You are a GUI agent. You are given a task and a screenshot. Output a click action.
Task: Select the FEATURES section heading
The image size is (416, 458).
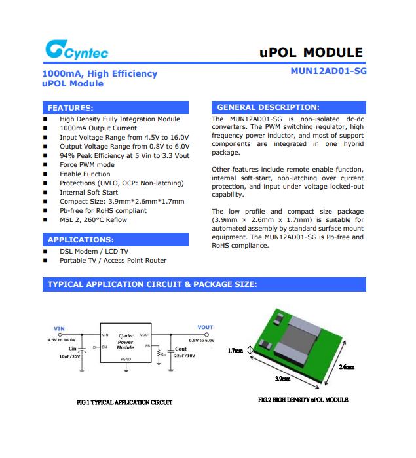point(71,107)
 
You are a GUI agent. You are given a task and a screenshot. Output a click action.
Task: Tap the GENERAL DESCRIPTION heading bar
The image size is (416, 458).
point(269,107)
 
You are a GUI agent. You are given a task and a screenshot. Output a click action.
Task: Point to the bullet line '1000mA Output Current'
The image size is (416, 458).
point(98,128)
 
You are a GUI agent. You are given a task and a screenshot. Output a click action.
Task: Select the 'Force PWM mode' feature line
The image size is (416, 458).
point(87,165)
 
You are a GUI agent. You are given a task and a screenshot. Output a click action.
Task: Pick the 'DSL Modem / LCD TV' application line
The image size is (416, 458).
point(94,252)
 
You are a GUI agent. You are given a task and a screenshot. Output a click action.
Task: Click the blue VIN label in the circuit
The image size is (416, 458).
point(59,328)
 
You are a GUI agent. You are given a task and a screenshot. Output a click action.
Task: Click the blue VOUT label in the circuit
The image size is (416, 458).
point(205,327)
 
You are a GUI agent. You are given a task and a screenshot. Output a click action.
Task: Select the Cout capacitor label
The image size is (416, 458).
point(180,349)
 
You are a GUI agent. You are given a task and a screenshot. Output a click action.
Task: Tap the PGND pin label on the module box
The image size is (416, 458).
point(125,360)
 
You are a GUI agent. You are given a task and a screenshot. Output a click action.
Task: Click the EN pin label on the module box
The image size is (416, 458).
point(105,347)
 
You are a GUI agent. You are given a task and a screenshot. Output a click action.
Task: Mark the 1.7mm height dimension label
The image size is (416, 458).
point(235,351)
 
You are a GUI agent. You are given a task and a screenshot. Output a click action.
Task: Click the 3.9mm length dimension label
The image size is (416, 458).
point(283,379)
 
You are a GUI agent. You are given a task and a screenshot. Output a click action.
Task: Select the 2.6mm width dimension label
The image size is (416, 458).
point(347,367)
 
